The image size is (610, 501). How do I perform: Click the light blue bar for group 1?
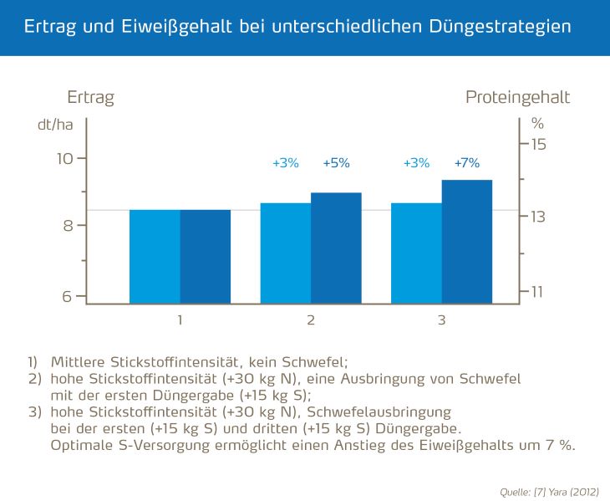(155, 257)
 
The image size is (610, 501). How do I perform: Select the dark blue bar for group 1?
(206, 257)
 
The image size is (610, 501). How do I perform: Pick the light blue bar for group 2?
(286, 253)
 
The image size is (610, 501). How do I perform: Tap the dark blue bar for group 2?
(336, 248)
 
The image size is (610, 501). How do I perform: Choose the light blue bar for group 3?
(416, 253)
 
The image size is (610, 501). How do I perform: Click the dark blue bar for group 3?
(467, 242)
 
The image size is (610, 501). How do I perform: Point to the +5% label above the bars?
(336, 163)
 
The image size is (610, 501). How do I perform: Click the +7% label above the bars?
(467, 163)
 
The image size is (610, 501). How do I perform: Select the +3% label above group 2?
(286, 163)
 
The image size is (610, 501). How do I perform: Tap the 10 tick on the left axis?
(65, 158)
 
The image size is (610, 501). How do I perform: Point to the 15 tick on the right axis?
(538, 144)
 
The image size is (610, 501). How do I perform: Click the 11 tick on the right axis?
(538, 291)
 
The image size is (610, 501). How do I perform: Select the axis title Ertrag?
(90, 97)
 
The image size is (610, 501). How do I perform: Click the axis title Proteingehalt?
(517, 97)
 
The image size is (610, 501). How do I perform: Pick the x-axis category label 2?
(311, 320)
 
